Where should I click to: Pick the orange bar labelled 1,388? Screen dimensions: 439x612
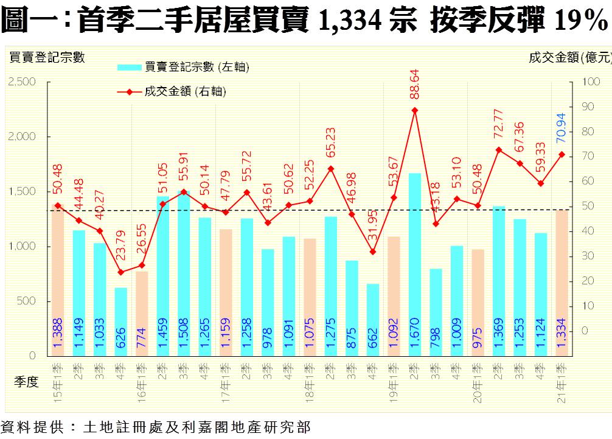click(58, 280)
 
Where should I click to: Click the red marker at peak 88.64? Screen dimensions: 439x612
click(415, 110)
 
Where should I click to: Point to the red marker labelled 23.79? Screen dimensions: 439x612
click(121, 272)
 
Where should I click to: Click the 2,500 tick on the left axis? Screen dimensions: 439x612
click(23, 82)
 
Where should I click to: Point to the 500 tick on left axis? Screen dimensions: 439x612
click(27, 301)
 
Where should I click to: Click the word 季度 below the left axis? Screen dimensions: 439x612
click(26, 382)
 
